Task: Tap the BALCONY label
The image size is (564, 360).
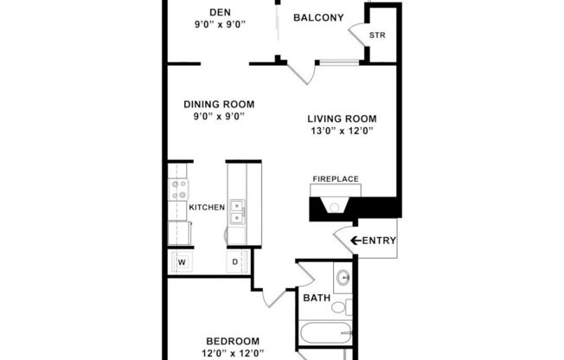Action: (318, 17)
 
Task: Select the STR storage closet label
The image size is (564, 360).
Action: (377, 35)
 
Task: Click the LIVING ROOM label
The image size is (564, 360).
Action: (342, 119)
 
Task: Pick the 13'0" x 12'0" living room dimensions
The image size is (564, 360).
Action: (342, 132)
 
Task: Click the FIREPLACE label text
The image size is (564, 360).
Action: (336, 179)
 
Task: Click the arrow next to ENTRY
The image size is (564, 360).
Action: (354, 241)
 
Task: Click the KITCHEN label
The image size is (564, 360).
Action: (207, 208)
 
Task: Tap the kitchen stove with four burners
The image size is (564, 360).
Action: (180, 189)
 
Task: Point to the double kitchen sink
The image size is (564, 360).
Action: (237, 209)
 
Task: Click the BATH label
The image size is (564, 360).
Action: (316, 299)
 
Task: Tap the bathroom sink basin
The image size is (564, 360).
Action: (343, 278)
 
